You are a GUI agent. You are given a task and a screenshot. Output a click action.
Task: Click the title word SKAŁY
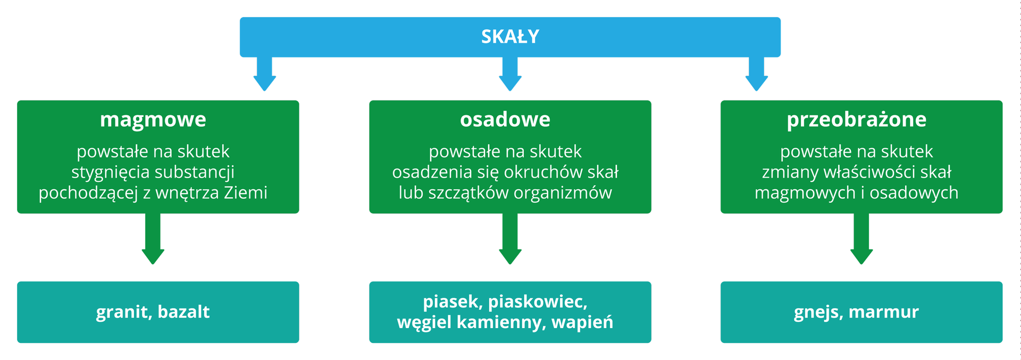point(510,37)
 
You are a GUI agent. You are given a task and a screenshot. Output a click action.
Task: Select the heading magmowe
point(153,120)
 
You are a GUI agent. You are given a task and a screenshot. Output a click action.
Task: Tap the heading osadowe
point(505,120)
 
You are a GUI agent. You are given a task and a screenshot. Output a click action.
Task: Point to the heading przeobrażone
point(856,120)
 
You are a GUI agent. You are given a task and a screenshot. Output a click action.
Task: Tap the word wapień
point(582,322)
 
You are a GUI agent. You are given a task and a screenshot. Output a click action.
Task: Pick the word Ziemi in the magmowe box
point(245,192)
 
